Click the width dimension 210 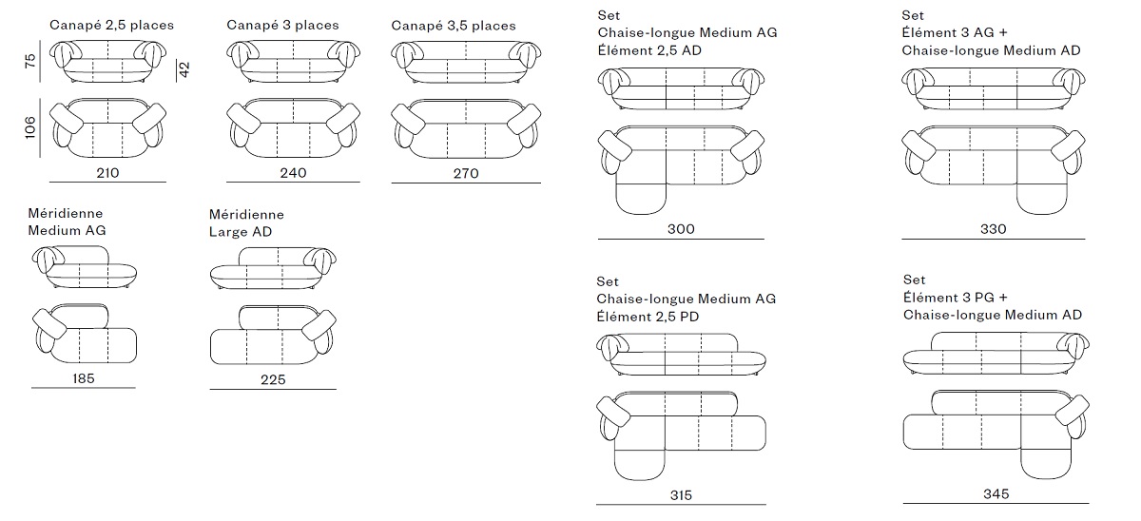click(x=107, y=173)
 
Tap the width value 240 click(x=293, y=173)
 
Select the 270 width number click(x=466, y=174)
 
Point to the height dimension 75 click(x=30, y=61)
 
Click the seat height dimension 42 click(x=184, y=69)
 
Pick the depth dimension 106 click(x=30, y=127)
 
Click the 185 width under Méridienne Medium click(x=84, y=378)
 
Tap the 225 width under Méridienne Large click(x=273, y=379)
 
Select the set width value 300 click(x=681, y=229)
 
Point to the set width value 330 click(x=994, y=229)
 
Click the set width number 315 click(x=681, y=495)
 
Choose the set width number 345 click(x=996, y=494)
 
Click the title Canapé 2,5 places click(x=111, y=25)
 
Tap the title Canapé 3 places click(x=282, y=25)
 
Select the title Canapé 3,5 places click(x=454, y=26)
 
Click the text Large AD click(x=241, y=232)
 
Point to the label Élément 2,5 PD click(x=648, y=317)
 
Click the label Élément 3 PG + click(x=956, y=298)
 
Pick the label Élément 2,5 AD click(x=649, y=50)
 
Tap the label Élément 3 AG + click(x=955, y=32)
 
